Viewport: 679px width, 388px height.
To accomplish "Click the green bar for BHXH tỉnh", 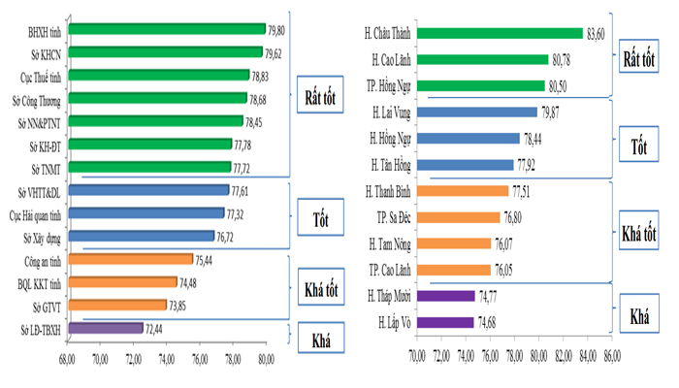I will click(x=165, y=29).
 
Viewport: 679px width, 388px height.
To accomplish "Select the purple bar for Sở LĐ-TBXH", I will click(x=107, y=329).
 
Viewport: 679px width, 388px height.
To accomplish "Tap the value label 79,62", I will click(x=277, y=53).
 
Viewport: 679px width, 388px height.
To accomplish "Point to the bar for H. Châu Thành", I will click(x=500, y=33).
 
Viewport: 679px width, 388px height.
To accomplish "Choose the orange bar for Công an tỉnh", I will click(x=130, y=259).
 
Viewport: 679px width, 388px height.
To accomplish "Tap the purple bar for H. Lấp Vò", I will click(x=445, y=322).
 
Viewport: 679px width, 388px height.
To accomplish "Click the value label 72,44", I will click(x=158, y=330).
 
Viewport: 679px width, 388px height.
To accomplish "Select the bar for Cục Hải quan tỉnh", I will click(x=146, y=213).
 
